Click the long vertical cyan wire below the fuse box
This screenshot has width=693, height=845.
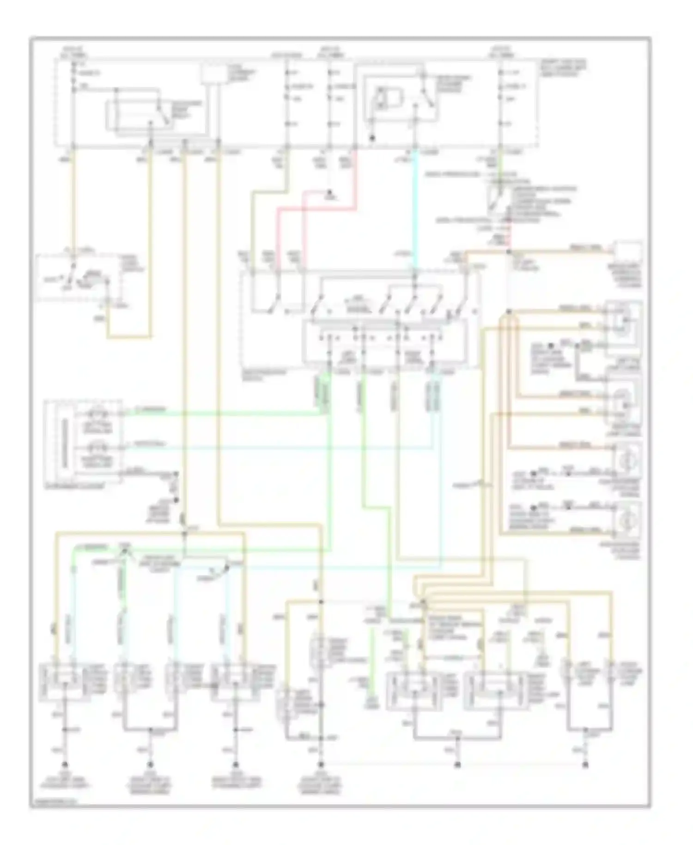[414, 208]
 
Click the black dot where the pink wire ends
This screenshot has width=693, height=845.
[330, 193]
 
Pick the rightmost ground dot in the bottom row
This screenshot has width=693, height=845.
[585, 765]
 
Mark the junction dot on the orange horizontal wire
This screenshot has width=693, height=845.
[509, 252]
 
